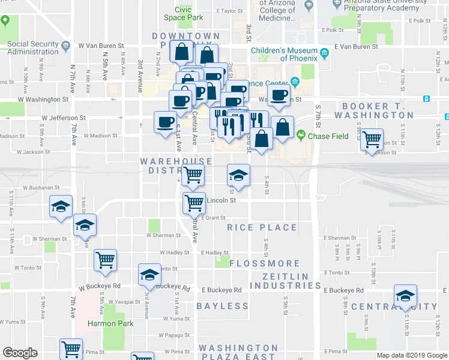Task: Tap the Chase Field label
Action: tap(328, 136)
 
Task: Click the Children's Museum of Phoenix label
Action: tap(286, 55)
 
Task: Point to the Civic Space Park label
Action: tap(183, 14)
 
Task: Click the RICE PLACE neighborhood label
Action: tap(262, 227)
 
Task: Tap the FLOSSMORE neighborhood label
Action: tap(265, 263)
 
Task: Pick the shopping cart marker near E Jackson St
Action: tap(372, 140)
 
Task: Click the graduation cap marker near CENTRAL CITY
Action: tap(405, 296)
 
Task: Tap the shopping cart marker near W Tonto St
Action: tap(105, 260)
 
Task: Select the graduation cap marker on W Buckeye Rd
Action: tap(149, 275)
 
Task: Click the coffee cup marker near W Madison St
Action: tap(166, 122)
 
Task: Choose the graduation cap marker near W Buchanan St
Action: tap(61, 206)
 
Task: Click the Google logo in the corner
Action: tap(20, 353)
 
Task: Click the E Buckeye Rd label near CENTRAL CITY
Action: tap(343, 290)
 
